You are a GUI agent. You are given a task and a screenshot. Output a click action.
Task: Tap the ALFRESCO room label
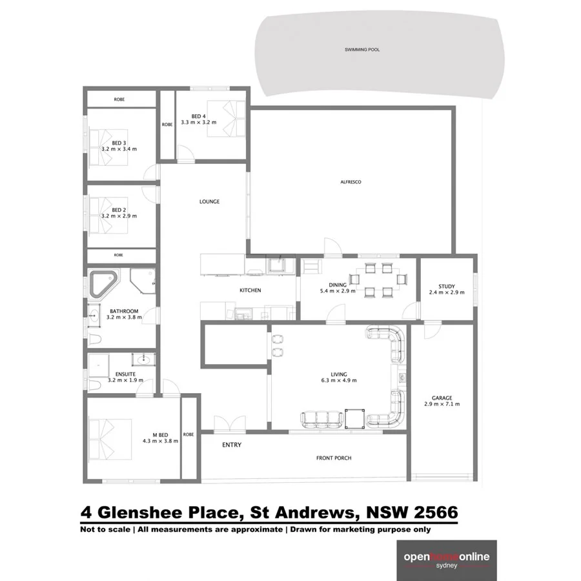(x=351, y=182)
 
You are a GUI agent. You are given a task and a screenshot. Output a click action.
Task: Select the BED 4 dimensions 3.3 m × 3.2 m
(x=198, y=122)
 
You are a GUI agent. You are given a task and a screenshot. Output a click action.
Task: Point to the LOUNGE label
(x=209, y=201)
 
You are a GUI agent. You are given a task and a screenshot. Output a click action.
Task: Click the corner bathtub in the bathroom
(x=103, y=284)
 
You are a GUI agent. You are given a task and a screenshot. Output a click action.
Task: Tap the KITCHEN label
(x=250, y=290)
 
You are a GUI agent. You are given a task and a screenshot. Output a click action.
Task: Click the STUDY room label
(x=446, y=286)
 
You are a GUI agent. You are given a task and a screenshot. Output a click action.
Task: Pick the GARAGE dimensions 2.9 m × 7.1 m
(x=442, y=404)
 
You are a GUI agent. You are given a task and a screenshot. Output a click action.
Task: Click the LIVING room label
(x=339, y=374)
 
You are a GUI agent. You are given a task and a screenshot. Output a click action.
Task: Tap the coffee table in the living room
(x=354, y=418)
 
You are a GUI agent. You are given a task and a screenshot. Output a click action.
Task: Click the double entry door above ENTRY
(x=230, y=423)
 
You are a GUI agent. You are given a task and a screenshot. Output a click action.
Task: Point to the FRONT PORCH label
(x=334, y=458)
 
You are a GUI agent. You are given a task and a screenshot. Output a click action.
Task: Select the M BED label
(x=160, y=434)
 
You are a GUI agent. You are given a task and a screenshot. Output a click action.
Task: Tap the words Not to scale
(x=101, y=529)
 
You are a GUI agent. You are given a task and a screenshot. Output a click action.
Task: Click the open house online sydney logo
(x=446, y=560)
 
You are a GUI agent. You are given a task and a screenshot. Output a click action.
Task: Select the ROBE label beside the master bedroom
(x=189, y=434)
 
